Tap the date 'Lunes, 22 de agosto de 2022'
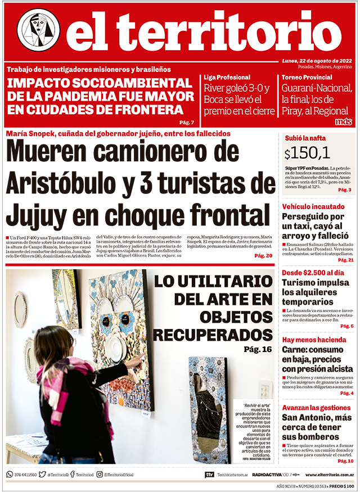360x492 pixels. tap(317, 61)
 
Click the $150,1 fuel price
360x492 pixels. tap(307, 153)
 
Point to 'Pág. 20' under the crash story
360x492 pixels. tap(263, 256)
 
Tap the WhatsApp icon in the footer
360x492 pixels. tap(10, 475)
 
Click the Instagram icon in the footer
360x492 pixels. tap(100, 475)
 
